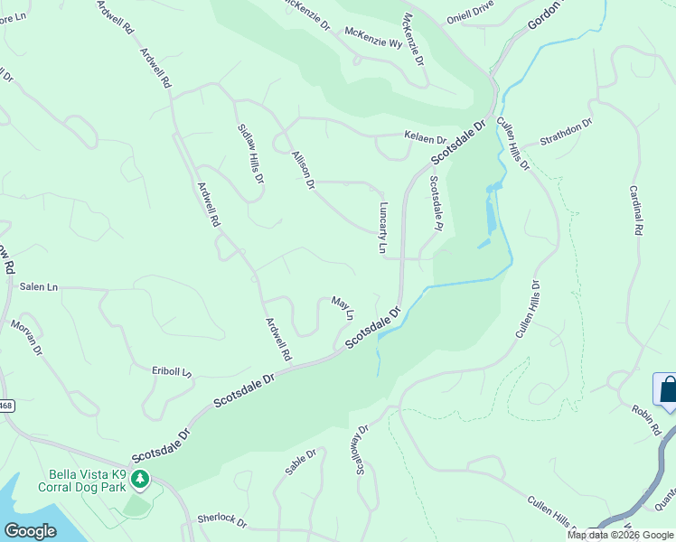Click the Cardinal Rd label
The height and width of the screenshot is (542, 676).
(x=635, y=211)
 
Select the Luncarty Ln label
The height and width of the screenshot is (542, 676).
(x=383, y=227)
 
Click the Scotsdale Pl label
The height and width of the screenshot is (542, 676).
(x=435, y=203)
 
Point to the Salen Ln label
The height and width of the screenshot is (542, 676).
(x=38, y=286)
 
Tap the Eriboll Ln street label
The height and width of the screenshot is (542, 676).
(x=173, y=371)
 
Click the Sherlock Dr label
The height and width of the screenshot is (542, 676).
(x=222, y=520)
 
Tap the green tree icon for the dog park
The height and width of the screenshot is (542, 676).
(x=139, y=478)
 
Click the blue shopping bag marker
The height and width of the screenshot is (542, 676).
(x=666, y=390)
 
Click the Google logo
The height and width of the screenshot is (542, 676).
(x=30, y=531)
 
